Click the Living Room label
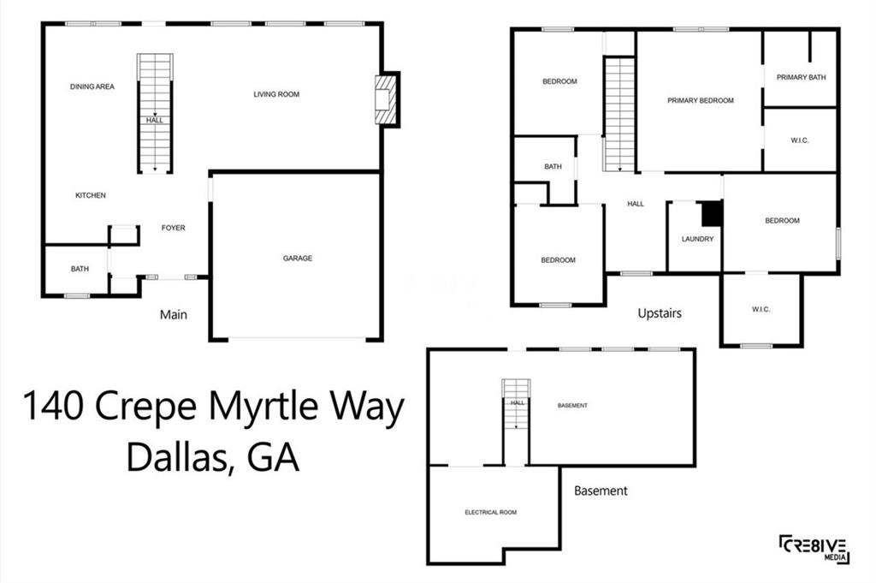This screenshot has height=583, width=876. coord(276,94)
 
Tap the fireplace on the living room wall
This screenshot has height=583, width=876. coord(385,100)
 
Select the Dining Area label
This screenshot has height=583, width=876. coord(92,86)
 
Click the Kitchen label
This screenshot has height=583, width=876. coord(91,195)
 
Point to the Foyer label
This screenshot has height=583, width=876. coord(173,228)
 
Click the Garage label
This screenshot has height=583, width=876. coord(297,259)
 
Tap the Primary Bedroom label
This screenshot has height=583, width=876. coord(701,101)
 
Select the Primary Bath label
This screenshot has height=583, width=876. coord(801,77)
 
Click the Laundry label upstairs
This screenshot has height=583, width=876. coord(698,239)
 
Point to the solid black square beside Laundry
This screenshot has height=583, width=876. coord(713,213)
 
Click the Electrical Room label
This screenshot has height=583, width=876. coord(490,512)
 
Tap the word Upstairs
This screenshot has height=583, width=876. coord(660,313)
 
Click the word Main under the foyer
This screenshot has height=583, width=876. coord(173,315)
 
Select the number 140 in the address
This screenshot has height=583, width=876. coord(54,407)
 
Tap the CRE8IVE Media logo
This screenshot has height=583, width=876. coord(815,550)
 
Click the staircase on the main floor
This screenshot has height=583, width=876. coord(155,114)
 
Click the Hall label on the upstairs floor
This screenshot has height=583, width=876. coord(636,204)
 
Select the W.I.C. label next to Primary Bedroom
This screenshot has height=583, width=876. coord(800,140)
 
